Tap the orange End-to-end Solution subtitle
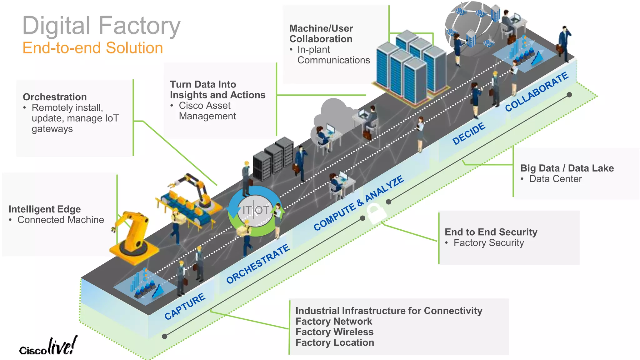click(92, 48)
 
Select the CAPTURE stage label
click(185, 306)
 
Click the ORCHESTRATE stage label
click(258, 264)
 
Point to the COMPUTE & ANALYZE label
click(359, 203)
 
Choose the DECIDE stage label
click(469, 133)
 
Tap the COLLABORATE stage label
click(537, 92)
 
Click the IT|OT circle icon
click(256, 210)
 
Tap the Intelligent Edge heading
click(44, 209)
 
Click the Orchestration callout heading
click(55, 97)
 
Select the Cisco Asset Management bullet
click(207, 111)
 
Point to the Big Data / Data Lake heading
click(567, 168)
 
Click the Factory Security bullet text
click(488, 243)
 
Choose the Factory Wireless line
click(334, 332)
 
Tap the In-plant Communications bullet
click(333, 55)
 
